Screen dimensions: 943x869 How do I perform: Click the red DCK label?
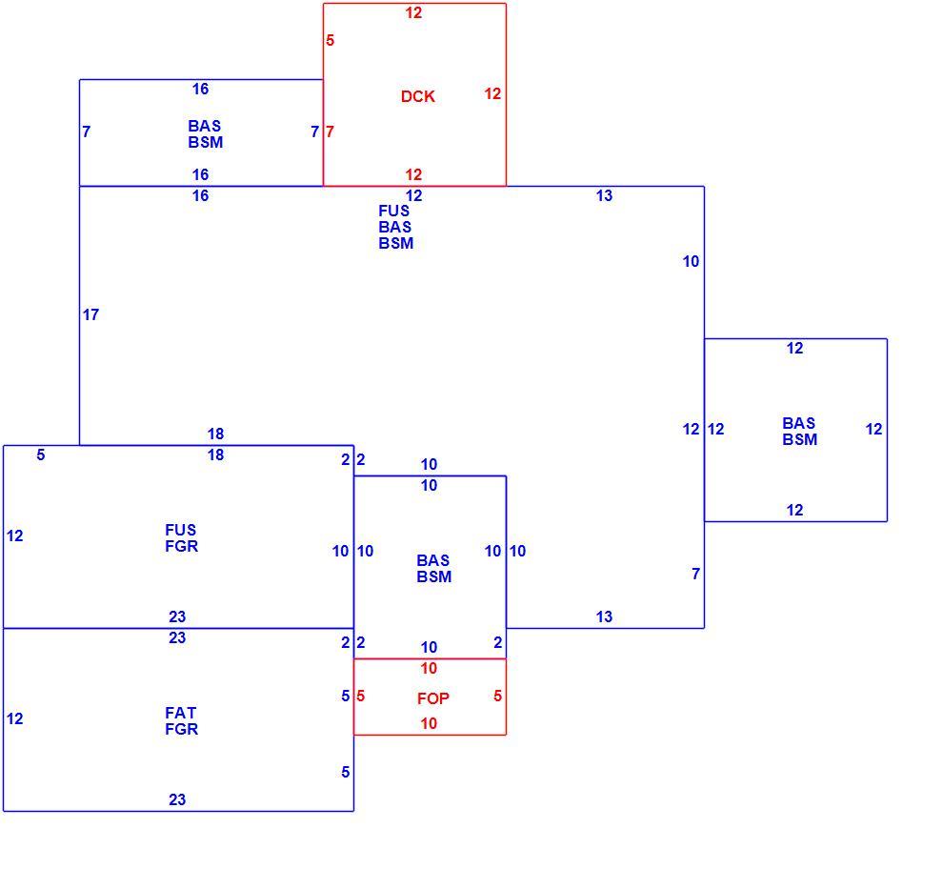[418, 96]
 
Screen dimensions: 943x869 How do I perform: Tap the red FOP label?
[433, 698]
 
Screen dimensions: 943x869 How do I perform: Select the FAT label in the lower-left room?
[180, 713]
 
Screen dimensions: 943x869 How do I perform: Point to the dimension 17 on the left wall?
[90, 314]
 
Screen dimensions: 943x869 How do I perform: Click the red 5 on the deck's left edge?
[331, 40]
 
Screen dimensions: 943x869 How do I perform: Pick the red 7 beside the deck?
[331, 131]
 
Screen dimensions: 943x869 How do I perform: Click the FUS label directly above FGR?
[180, 530]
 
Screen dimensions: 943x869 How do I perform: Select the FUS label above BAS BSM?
[394, 212]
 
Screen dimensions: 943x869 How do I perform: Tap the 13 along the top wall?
[605, 195]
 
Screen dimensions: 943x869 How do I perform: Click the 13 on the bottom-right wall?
[605, 616]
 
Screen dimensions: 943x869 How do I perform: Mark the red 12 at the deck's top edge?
[413, 12]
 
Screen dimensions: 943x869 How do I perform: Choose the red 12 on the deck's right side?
[492, 94]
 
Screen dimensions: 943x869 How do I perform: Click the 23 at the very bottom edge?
[177, 799]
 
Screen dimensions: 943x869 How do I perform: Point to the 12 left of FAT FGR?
[15, 718]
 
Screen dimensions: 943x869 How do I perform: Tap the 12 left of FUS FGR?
[15, 536]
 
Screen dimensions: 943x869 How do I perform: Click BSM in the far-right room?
[800, 440]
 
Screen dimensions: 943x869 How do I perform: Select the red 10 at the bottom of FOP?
[429, 723]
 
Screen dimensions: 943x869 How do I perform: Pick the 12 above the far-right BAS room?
[795, 349]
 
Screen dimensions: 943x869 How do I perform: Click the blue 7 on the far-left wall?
[87, 131]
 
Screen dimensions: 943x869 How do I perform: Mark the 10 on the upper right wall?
[691, 261]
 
